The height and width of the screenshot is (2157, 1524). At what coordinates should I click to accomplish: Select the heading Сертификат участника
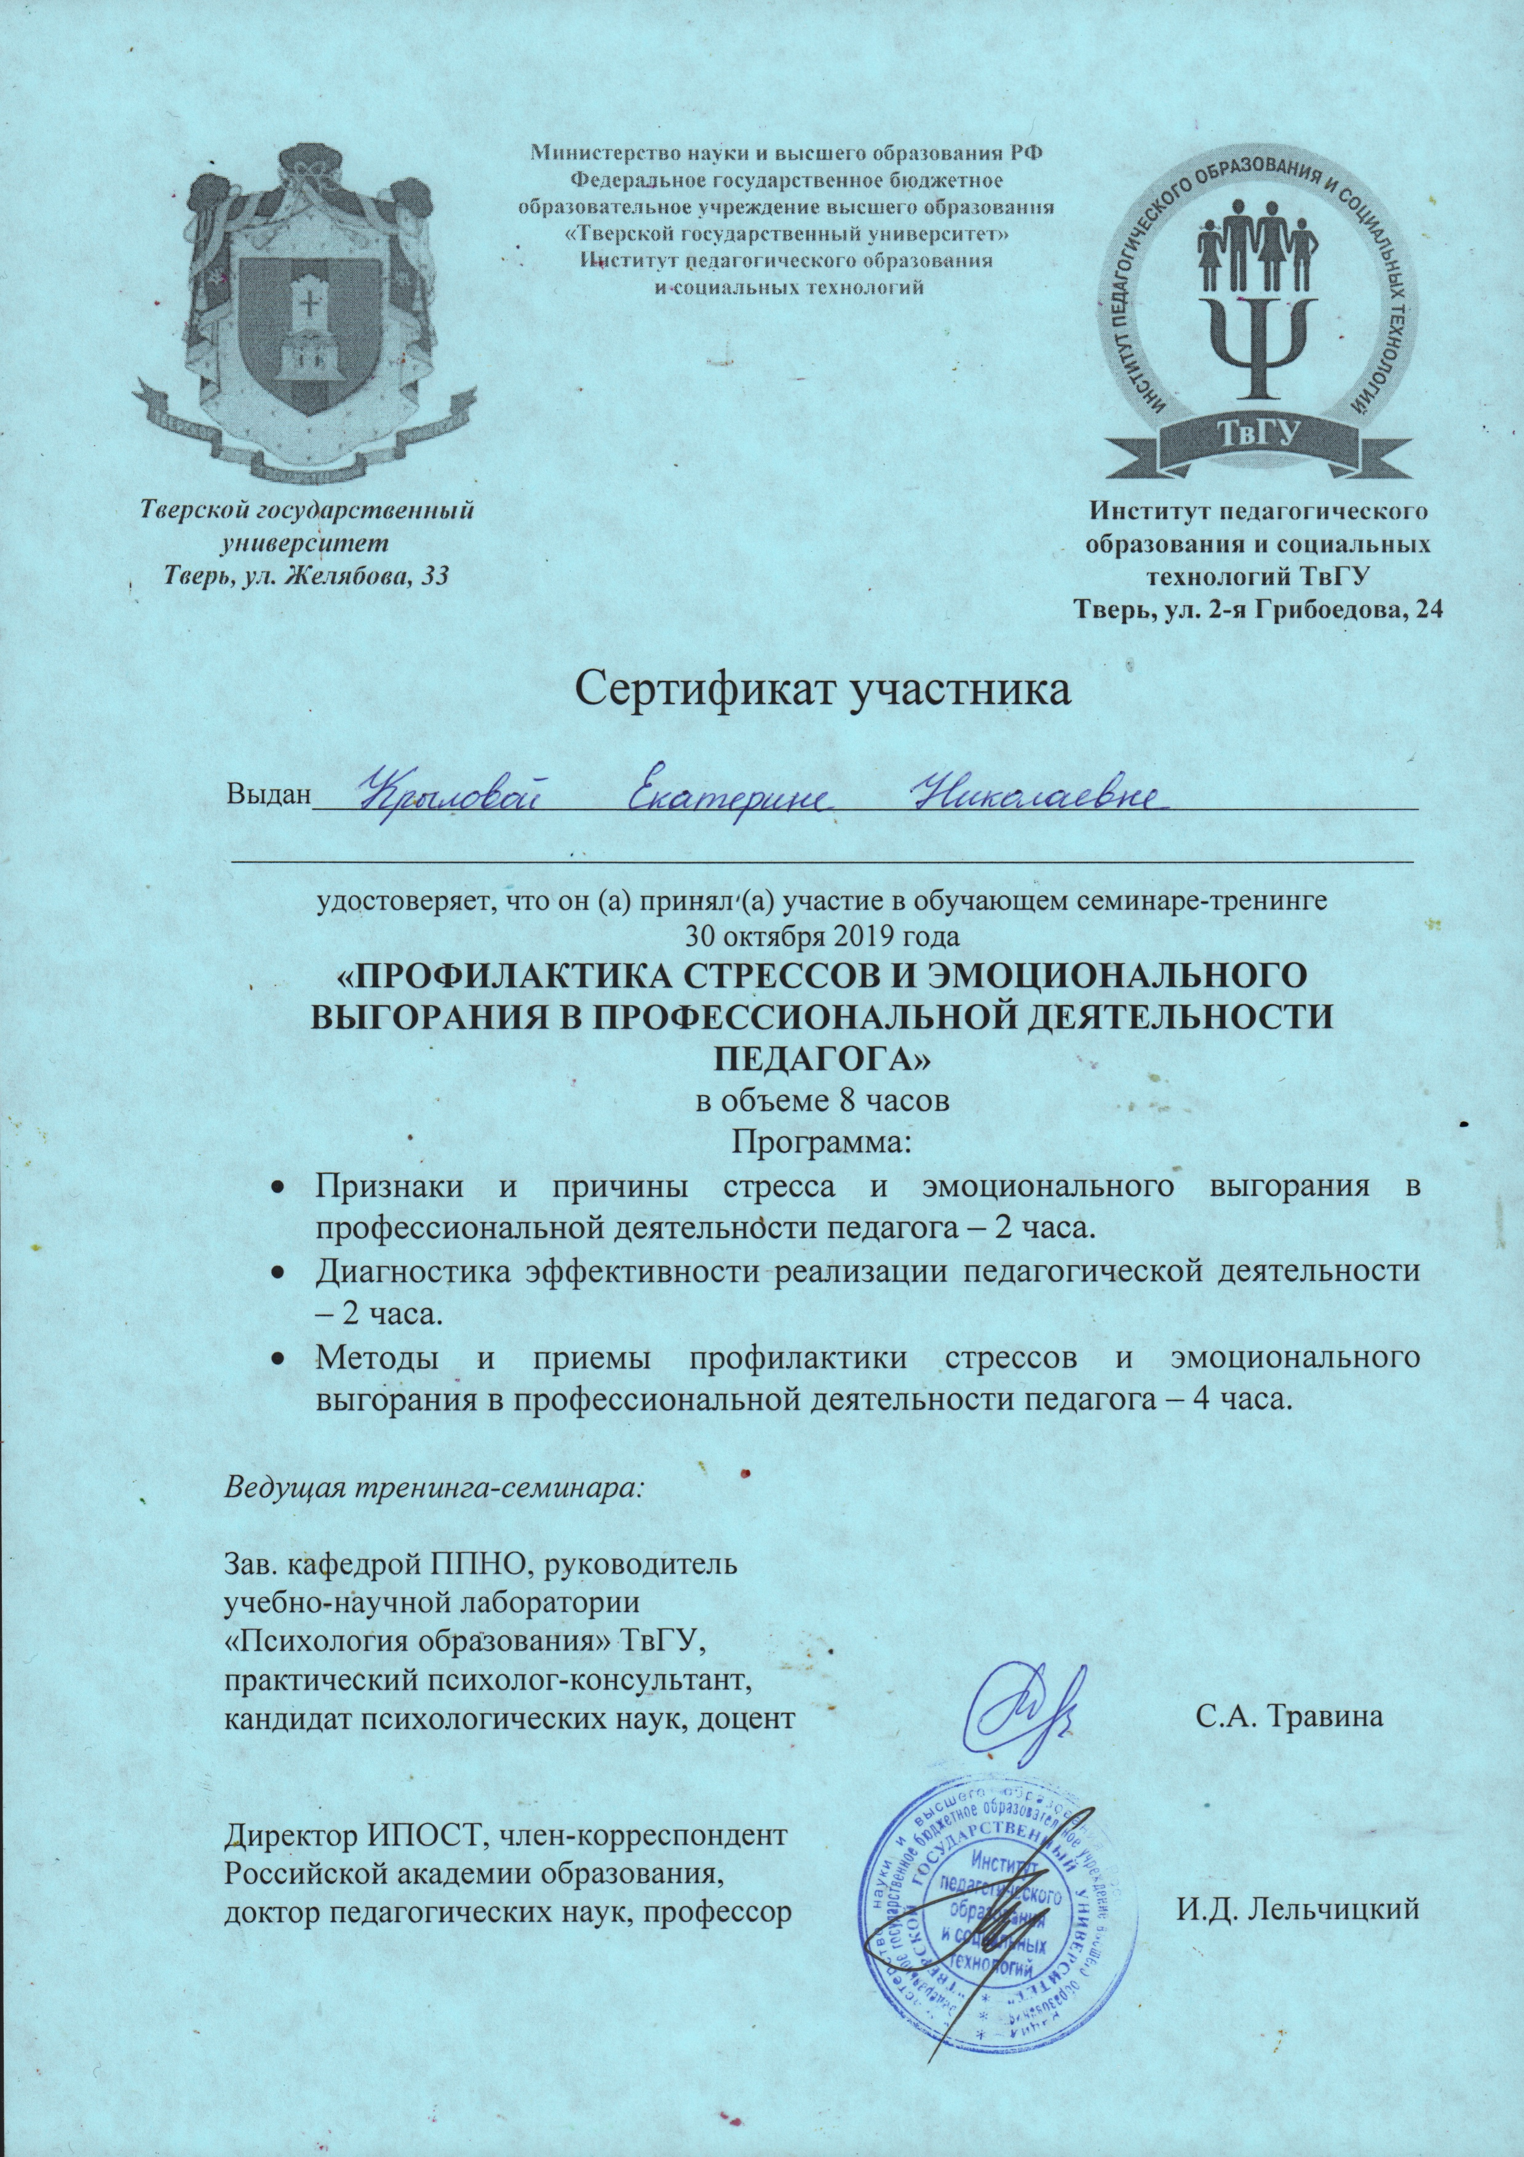point(822,691)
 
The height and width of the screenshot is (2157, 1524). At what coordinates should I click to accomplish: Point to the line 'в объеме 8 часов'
point(823,1101)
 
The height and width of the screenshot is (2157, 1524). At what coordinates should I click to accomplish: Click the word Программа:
point(823,1143)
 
